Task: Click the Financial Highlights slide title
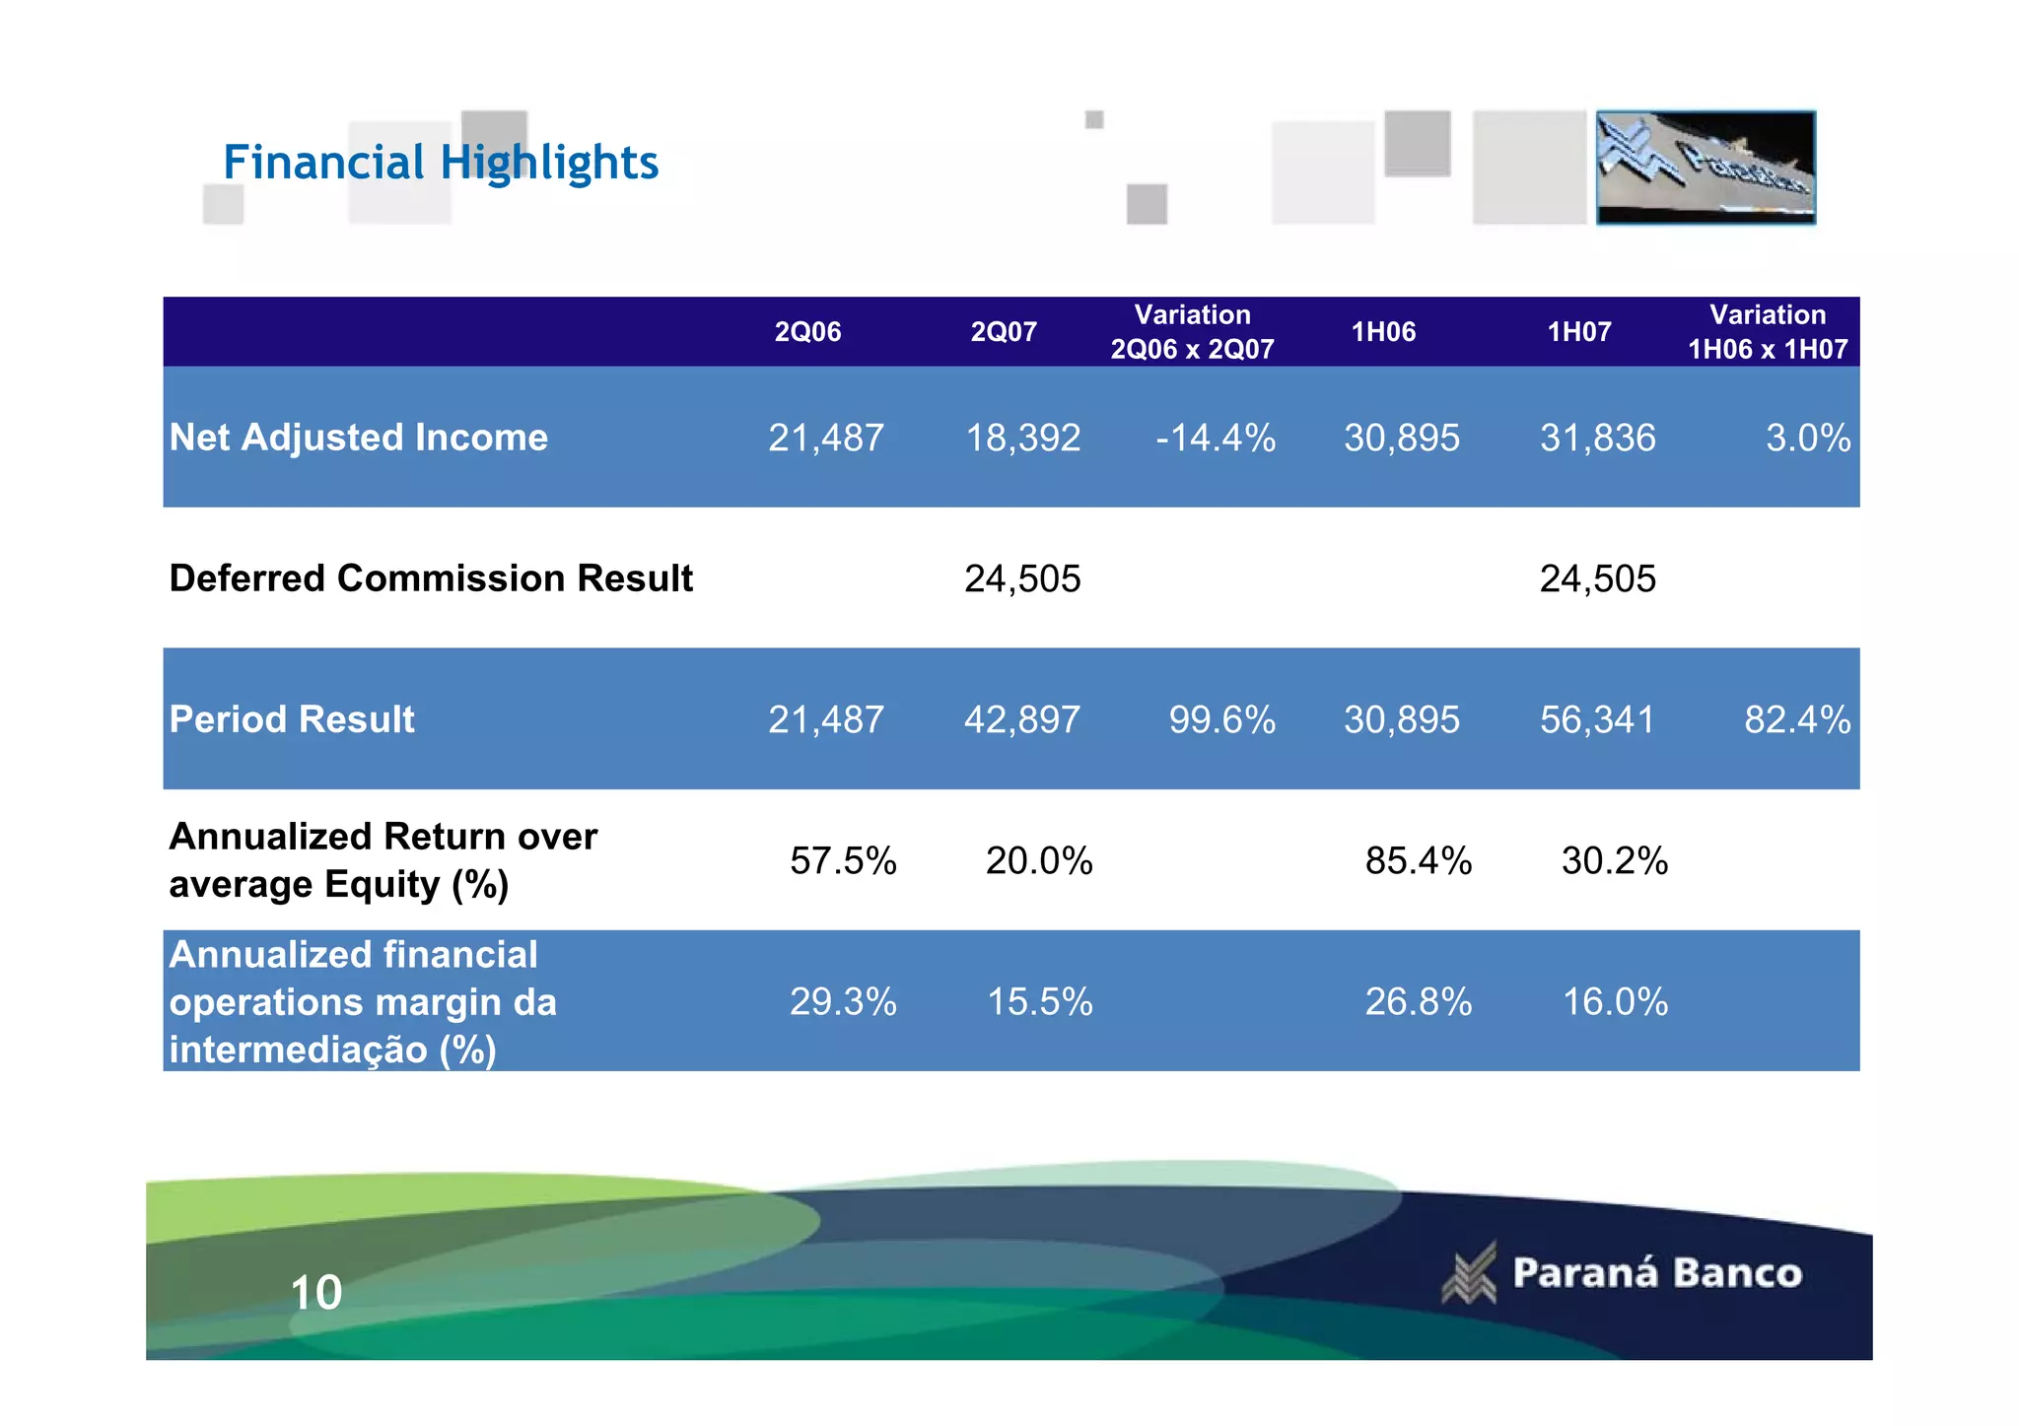440,163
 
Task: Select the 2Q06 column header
807,332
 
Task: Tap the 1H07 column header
1578,332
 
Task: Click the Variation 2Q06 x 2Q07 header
1192,332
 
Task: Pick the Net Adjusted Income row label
358,438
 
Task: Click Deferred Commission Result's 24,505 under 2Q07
1022,579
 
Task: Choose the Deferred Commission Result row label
431,578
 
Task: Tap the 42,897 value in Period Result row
1022,720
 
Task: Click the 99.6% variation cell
1221,720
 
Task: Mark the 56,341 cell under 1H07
1597,720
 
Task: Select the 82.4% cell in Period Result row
1796,720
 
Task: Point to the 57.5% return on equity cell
843,861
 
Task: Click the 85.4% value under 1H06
1418,861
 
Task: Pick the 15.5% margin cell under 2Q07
1040,1002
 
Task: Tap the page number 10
315,1293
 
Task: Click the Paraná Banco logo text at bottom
1656,1273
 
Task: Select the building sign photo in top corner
1706,168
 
